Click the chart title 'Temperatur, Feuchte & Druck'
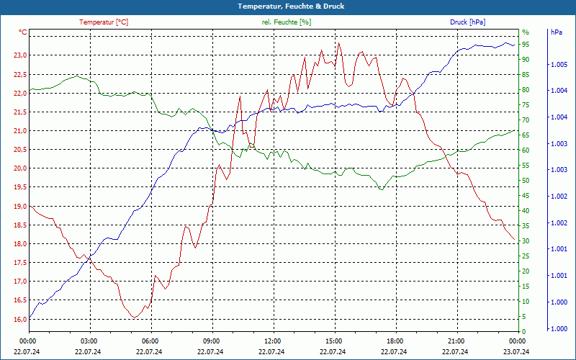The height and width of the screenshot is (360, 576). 288,6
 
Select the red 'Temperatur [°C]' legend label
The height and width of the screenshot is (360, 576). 104,22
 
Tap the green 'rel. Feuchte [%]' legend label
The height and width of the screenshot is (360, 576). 287,22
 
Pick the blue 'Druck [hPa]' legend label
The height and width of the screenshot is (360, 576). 467,22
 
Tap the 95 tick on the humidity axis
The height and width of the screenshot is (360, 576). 526,45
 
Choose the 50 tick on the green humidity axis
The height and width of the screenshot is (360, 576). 526,181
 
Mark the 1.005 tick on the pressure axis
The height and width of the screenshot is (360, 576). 558,65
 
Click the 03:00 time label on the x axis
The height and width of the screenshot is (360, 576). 89,341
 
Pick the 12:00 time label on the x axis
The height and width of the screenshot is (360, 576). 273,341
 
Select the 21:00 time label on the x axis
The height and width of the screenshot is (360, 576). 456,341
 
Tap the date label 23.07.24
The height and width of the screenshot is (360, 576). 516,351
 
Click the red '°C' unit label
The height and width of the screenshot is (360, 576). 23,32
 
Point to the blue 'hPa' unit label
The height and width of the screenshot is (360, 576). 557,32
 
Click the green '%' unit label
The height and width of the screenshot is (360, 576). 526,32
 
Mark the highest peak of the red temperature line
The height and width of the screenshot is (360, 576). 339,42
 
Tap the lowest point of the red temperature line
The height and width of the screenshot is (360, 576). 135,318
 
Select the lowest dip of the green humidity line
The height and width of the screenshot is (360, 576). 382,189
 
